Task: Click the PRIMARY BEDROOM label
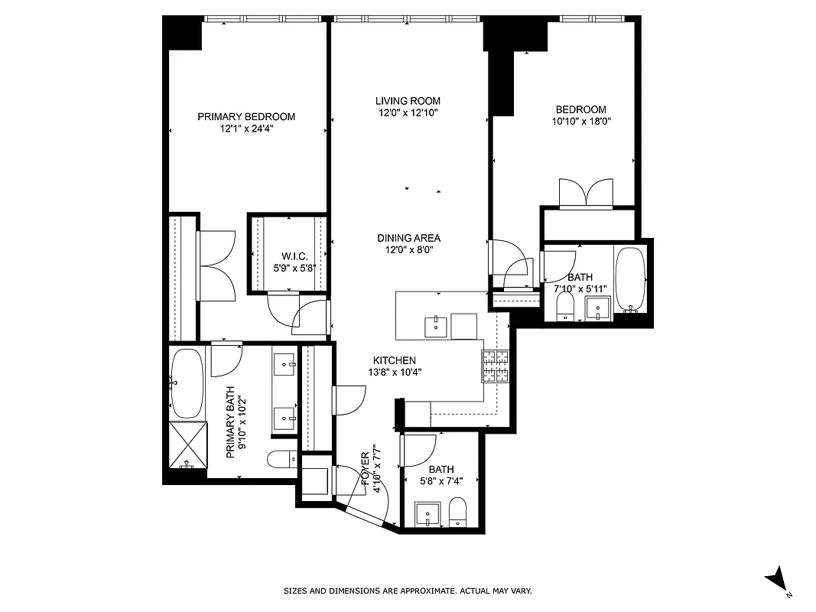(x=246, y=116)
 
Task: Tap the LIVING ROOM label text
(x=408, y=101)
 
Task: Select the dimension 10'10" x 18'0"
(x=581, y=121)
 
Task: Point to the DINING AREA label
(x=408, y=238)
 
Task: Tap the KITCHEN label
(x=394, y=360)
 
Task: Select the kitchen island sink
(x=436, y=325)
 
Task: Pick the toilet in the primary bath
(x=281, y=460)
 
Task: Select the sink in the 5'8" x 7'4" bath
(x=426, y=514)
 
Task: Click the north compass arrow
(x=779, y=578)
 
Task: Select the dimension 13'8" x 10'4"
(x=394, y=373)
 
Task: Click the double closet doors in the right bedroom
(x=586, y=194)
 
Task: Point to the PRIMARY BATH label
(x=230, y=431)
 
